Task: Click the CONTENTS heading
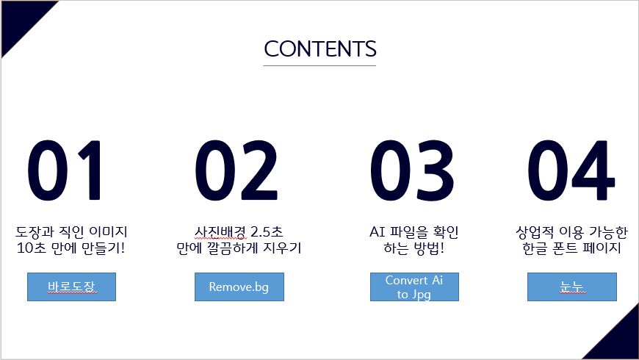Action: pyautogui.click(x=320, y=49)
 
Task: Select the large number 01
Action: pyautogui.click(x=65, y=170)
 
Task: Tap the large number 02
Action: pyautogui.click(x=237, y=170)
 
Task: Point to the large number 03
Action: pyautogui.click(x=412, y=170)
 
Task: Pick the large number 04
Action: pyautogui.click(x=571, y=170)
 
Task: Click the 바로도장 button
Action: pyautogui.click(x=72, y=287)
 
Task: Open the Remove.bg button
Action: pyautogui.click(x=239, y=287)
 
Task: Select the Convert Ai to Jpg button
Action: pyautogui.click(x=414, y=287)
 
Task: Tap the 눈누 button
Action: pyautogui.click(x=571, y=287)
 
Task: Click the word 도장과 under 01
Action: pyautogui.click(x=35, y=232)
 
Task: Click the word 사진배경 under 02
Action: pyautogui.click(x=220, y=232)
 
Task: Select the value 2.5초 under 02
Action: pyautogui.click(x=267, y=232)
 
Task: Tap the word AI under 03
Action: pyautogui.click(x=378, y=232)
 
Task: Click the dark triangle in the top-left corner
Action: pyautogui.click(x=21, y=20)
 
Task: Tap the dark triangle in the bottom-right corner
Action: pyautogui.click(x=619, y=340)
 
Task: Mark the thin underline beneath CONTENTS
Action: pyautogui.click(x=319, y=65)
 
